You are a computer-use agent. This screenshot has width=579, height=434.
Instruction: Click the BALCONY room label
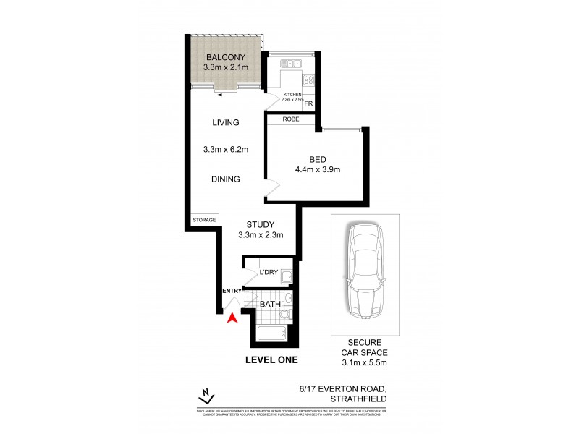point(226,57)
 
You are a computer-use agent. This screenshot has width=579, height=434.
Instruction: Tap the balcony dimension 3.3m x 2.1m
point(226,68)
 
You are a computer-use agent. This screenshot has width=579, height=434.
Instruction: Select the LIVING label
point(226,123)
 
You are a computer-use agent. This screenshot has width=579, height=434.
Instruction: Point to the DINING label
point(226,179)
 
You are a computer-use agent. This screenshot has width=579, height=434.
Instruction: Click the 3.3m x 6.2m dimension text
point(226,150)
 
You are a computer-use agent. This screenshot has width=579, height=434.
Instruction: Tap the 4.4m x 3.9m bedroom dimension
point(318,170)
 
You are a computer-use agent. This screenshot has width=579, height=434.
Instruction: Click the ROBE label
point(291,120)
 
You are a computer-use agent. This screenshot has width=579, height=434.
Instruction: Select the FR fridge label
point(308,104)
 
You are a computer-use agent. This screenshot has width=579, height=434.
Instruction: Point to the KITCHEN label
point(292,95)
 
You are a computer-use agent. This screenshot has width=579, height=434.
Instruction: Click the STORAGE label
point(203,220)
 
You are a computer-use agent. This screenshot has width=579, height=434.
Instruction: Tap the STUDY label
point(259,224)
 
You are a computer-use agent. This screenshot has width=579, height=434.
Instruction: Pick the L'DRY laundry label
point(269,272)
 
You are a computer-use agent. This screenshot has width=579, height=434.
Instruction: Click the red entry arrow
point(232,318)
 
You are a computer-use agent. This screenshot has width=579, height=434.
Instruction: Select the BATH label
point(270,305)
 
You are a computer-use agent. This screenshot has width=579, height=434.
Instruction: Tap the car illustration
point(364,271)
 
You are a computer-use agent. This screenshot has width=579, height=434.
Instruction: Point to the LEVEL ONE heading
point(271,359)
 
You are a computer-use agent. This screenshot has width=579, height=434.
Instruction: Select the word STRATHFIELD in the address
point(359,399)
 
